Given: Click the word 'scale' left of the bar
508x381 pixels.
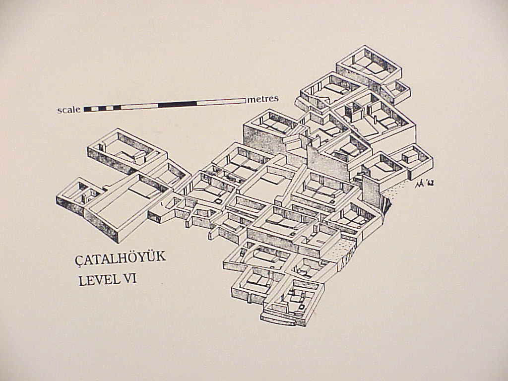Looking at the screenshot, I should click(69, 110).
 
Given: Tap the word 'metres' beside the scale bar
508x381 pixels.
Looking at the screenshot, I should click(263, 99).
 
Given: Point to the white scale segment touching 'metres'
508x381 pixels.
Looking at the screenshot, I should click(221, 102).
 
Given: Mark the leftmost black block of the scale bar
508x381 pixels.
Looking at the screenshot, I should click(90, 109).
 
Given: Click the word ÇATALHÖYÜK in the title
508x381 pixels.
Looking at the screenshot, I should click(121, 258).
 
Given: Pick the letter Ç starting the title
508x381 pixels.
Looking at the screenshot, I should click(79, 259).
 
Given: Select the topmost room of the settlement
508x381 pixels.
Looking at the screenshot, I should click(368, 64).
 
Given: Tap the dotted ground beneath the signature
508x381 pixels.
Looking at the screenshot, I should click(397, 191).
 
